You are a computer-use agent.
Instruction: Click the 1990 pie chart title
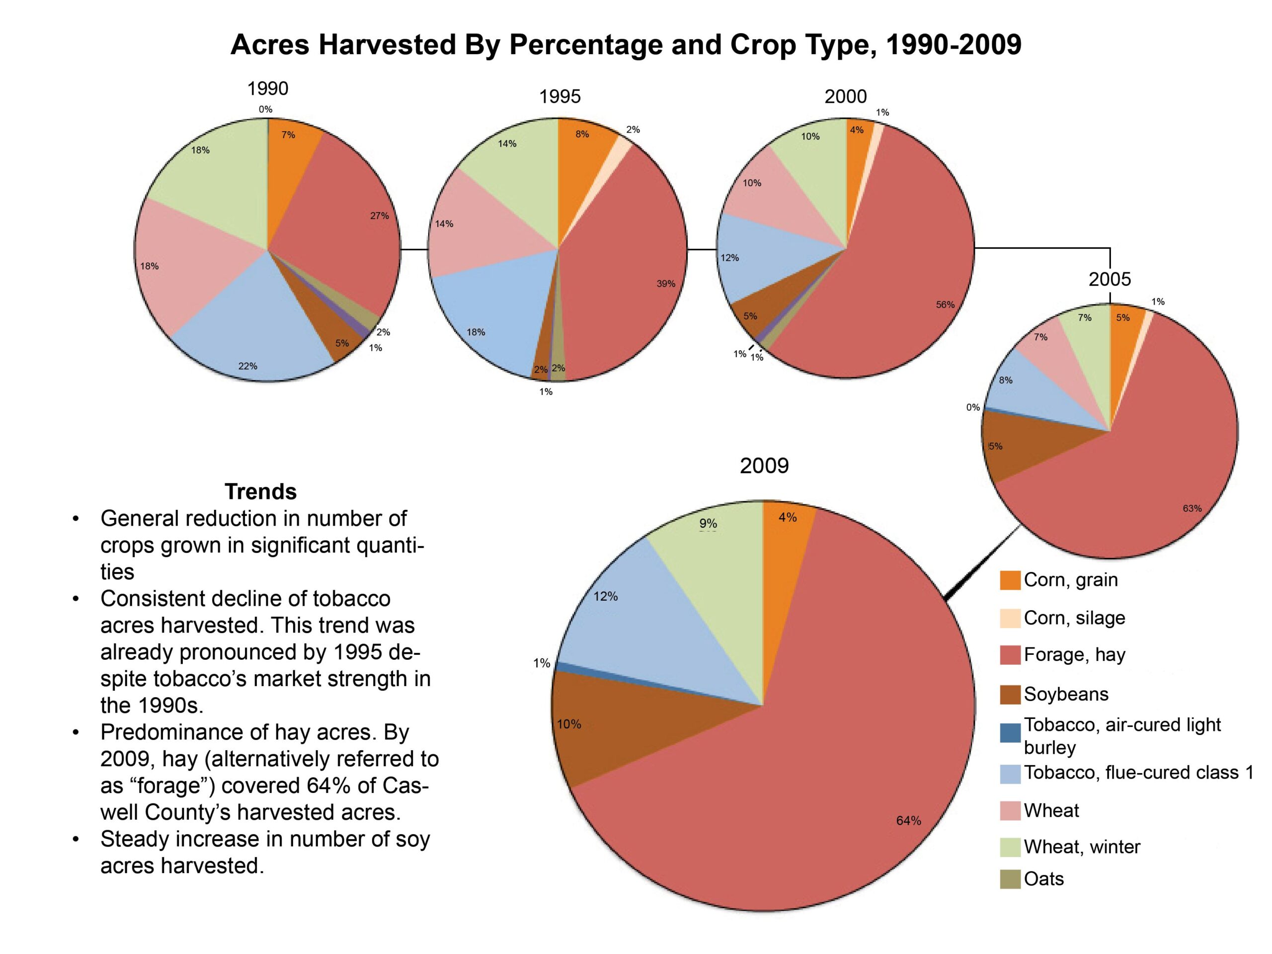point(267,88)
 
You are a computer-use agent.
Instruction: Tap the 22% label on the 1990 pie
point(248,366)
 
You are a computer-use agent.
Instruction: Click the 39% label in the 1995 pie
point(666,284)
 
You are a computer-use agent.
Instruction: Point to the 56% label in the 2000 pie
point(945,305)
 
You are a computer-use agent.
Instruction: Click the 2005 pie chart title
point(1109,279)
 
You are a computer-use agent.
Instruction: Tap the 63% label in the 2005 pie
point(1192,508)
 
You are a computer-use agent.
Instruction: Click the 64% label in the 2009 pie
point(909,821)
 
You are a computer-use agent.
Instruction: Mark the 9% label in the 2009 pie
point(708,523)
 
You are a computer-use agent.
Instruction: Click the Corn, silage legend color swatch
point(1010,618)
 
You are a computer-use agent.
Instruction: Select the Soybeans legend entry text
point(1066,694)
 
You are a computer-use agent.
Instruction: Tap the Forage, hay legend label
point(1074,655)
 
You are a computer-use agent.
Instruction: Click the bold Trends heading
point(260,492)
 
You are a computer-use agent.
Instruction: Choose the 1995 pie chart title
point(559,96)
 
